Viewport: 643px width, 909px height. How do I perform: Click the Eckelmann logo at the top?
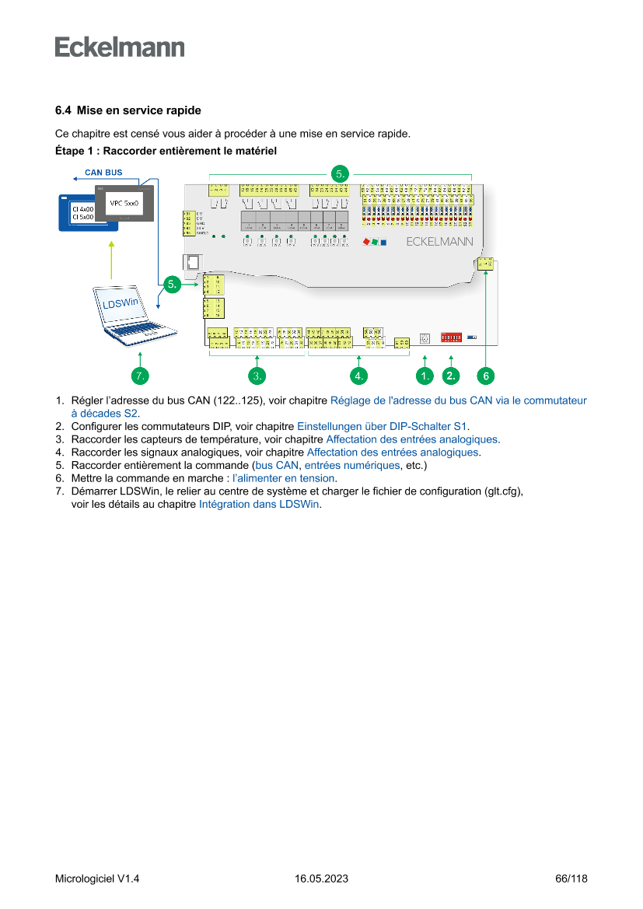point(120,47)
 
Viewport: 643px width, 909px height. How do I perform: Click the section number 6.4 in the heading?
point(63,110)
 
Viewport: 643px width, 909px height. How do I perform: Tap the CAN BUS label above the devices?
point(103,172)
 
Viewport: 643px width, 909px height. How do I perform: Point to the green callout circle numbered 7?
point(139,376)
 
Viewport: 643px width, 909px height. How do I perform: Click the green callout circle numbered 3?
point(258,376)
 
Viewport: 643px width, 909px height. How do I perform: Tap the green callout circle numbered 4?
point(358,376)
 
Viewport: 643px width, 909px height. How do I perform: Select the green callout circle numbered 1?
point(425,376)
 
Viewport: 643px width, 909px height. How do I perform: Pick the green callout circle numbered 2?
point(451,376)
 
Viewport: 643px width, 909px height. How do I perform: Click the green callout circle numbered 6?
point(485,376)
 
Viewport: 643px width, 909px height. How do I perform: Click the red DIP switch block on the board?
point(452,337)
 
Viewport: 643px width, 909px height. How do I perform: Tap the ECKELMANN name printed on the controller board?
point(439,242)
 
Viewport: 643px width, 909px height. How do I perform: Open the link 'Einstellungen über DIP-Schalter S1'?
point(383,426)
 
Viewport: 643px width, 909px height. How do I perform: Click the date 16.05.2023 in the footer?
point(321,879)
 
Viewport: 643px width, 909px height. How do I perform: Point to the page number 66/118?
point(571,879)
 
